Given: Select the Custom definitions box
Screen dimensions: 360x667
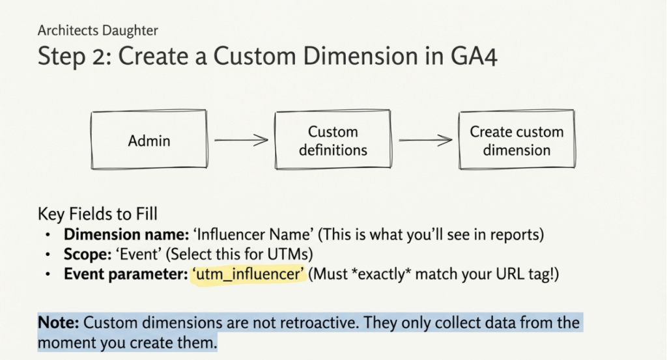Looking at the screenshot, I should (333, 141).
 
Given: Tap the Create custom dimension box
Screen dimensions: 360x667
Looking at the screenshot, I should (517, 141).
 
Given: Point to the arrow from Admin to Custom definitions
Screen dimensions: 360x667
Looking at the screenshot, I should (240, 140).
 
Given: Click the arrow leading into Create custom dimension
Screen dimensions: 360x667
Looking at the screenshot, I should (425, 140).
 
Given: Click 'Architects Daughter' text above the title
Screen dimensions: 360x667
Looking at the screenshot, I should (98, 30).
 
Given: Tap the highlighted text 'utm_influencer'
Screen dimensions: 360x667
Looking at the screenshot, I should (248, 275).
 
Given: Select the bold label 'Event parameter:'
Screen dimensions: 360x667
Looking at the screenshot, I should (124, 275).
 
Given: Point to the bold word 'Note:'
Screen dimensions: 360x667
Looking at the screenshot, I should (59, 322).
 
